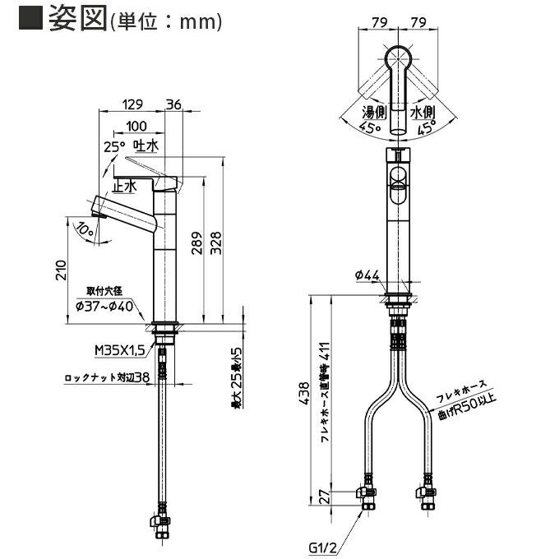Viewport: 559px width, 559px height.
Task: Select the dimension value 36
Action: coord(173,104)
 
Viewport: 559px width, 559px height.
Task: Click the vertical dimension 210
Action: coord(59,270)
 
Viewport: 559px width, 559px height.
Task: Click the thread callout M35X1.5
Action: coord(120,350)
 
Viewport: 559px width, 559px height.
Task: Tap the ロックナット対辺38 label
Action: coord(107,379)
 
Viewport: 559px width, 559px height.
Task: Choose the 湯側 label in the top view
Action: coord(375,112)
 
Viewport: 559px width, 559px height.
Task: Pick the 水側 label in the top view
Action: coord(422,112)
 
